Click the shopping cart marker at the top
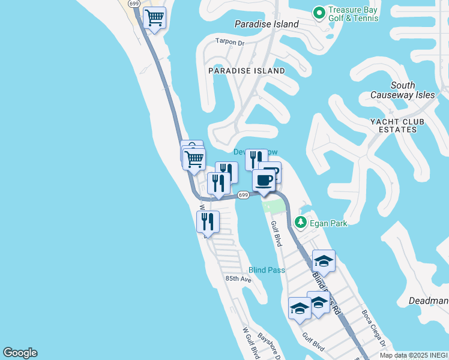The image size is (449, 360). (x=155, y=19)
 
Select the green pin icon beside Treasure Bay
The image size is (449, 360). (x=319, y=12)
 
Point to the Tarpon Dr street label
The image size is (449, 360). (x=231, y=42)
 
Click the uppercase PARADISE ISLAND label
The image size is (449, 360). (x=247, y=71)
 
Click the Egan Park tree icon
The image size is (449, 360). (x=301, y=223)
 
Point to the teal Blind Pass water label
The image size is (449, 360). (x=267, y=270)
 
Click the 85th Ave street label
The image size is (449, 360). (x=238, y=279)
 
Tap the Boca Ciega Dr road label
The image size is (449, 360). (x=372, y=328)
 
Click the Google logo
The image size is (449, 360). (x=20, y=353)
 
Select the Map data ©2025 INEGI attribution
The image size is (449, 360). (x=414, y=355)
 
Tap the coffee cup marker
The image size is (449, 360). (x=264, y=180)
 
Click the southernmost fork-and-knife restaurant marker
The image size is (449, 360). (x=208, y=222)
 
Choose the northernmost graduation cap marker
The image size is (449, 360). (x=324, y=260)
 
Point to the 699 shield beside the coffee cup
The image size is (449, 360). (x=243, y=195)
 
